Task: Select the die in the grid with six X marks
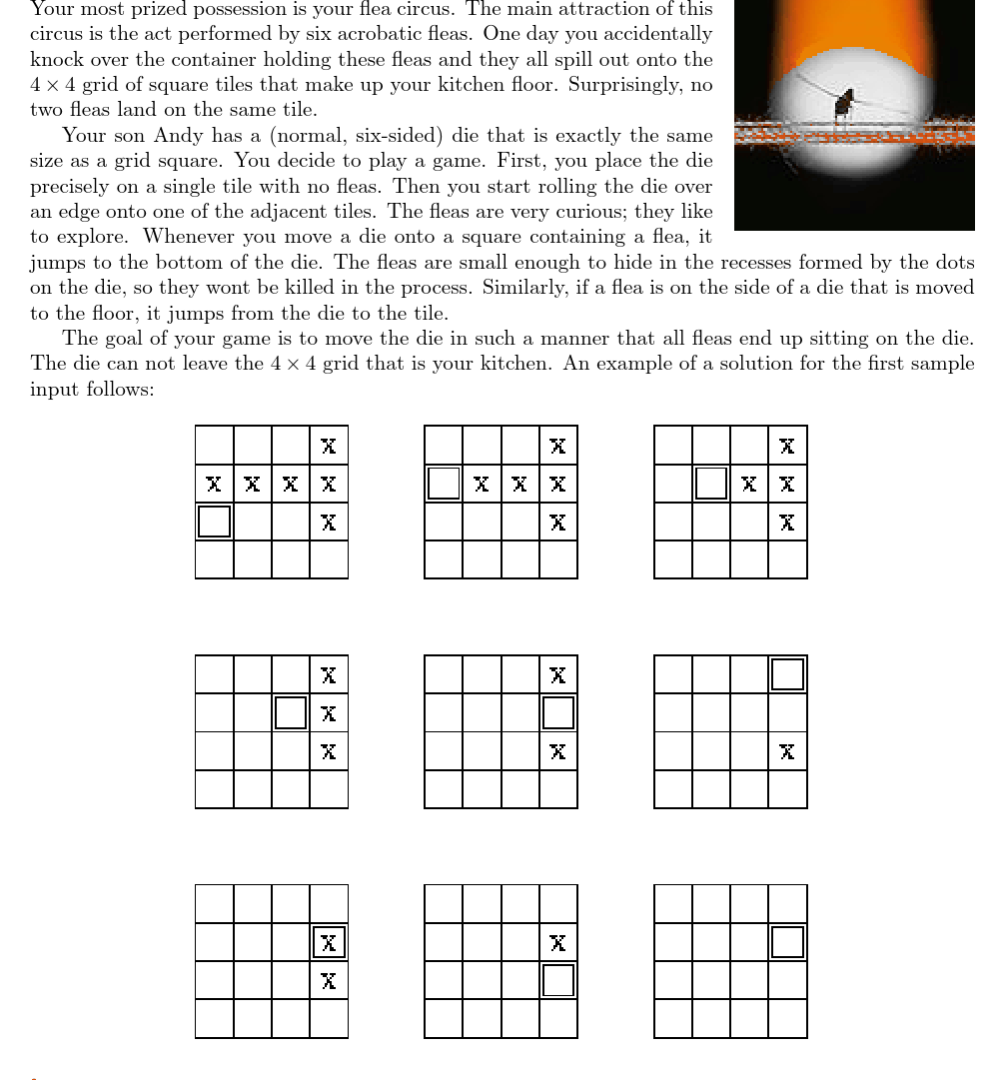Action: [x=214, y=522]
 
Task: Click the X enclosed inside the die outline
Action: [x=329, y=942]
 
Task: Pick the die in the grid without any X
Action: [x=787, y=942]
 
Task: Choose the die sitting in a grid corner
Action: [x=787, y=674]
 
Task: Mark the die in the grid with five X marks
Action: [x=444, y=484]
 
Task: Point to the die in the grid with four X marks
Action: [x=711, y=484]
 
